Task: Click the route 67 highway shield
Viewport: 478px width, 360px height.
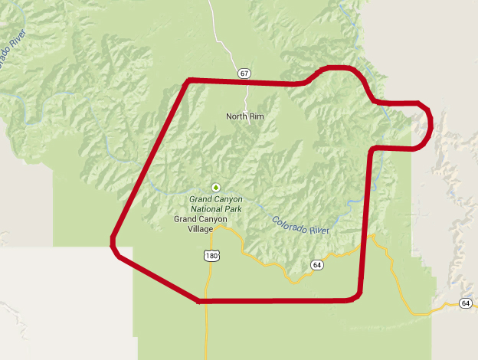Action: tap(244, 74)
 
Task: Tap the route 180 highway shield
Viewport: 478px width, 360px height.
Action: tap(212, 256)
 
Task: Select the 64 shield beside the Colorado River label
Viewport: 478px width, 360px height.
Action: tap(316, 265)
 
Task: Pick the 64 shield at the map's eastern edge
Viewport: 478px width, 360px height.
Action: tap(466, 304)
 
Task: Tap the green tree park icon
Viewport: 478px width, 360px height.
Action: tap(216, 187)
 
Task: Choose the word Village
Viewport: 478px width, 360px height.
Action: tap(201, 229)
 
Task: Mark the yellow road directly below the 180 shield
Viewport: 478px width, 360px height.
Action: tap(207, 322)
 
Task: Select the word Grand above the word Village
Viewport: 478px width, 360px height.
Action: tap(186, 219)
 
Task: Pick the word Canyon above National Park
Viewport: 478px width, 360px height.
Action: tap(228, 199)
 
